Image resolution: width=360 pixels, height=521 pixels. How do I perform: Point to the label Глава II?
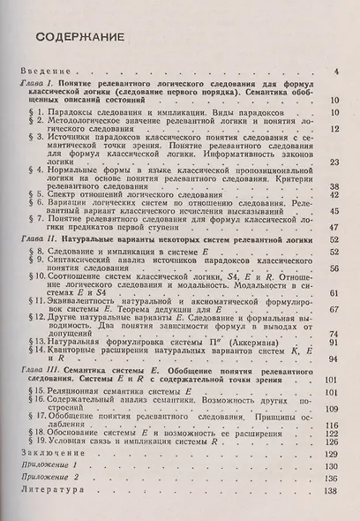click(x=40, y=238)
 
